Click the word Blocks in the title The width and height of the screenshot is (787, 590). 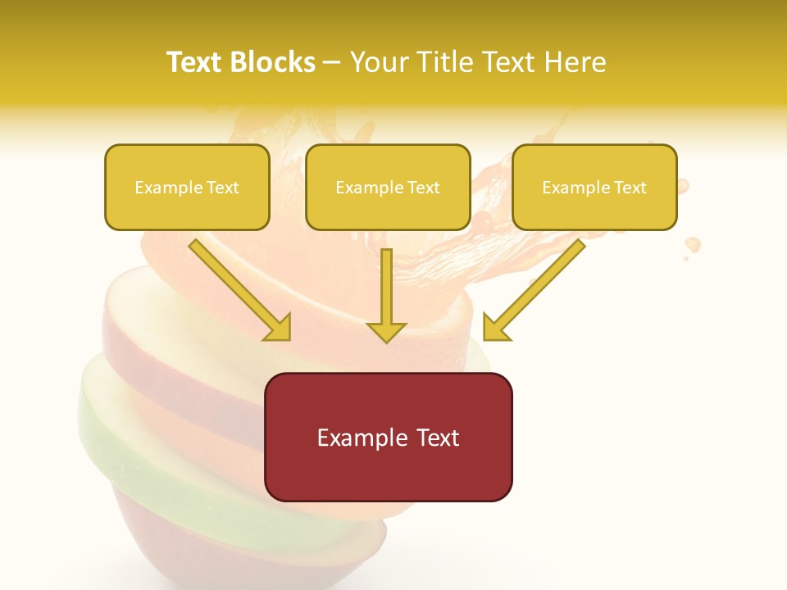click(272, 62)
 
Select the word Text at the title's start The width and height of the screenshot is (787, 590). click(195, 62)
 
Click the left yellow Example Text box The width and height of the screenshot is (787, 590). click(187, 187)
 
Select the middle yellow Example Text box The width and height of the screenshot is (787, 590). click(388, 187)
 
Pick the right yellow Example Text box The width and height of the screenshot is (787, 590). click(594, 187)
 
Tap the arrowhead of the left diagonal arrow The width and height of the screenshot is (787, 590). click(279, 328)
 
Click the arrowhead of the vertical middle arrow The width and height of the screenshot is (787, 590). click(386, 331)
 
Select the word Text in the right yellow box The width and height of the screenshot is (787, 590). click(630, 188)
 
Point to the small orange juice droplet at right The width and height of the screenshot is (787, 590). click(693, 244)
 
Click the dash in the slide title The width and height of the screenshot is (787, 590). click(332, 63)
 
